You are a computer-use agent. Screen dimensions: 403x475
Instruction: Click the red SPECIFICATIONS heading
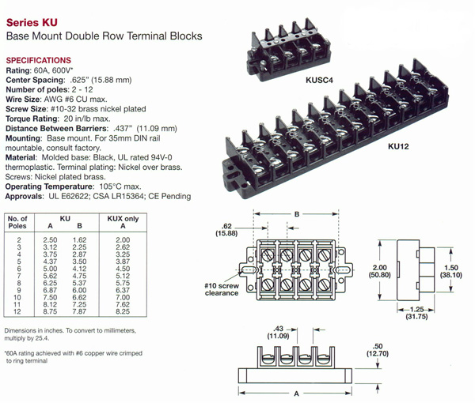point(38,61)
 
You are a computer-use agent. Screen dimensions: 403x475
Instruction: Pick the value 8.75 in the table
point(50,312)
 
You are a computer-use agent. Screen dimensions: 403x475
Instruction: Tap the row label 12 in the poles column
point(18,312)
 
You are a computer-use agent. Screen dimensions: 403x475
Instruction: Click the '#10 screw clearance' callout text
point(218,288)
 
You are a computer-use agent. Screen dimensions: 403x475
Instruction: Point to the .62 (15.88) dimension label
point(226,228)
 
